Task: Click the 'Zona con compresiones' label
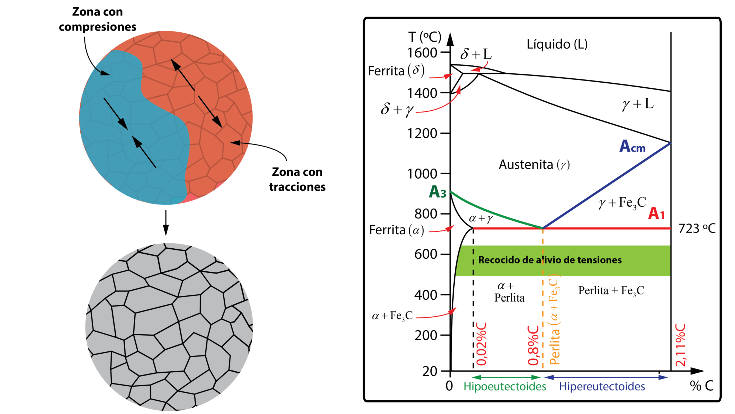(x=98, y=19)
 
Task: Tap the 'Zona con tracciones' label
(x=297, y=179)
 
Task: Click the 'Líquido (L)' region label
(x=557, y=44)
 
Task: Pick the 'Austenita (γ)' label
(x=534, y=165)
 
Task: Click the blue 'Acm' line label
(x=632, y=146)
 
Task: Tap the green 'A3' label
(x=437, y=192)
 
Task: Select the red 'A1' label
(x=656, y=213)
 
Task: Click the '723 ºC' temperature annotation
(x=697, y=229)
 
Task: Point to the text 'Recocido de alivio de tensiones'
(x=550, y=260)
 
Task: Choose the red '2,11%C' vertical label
(x=680, y=345)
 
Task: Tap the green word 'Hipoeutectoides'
(x=505, y=387)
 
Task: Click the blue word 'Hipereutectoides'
(x=602, y=387)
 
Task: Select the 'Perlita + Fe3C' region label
(x=611, y=291)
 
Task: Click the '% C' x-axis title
(x=701, y=386)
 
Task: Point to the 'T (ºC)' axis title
(x=425, y=37)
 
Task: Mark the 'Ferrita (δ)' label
(x=396, y=70)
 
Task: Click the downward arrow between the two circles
(x=165, y=223)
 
